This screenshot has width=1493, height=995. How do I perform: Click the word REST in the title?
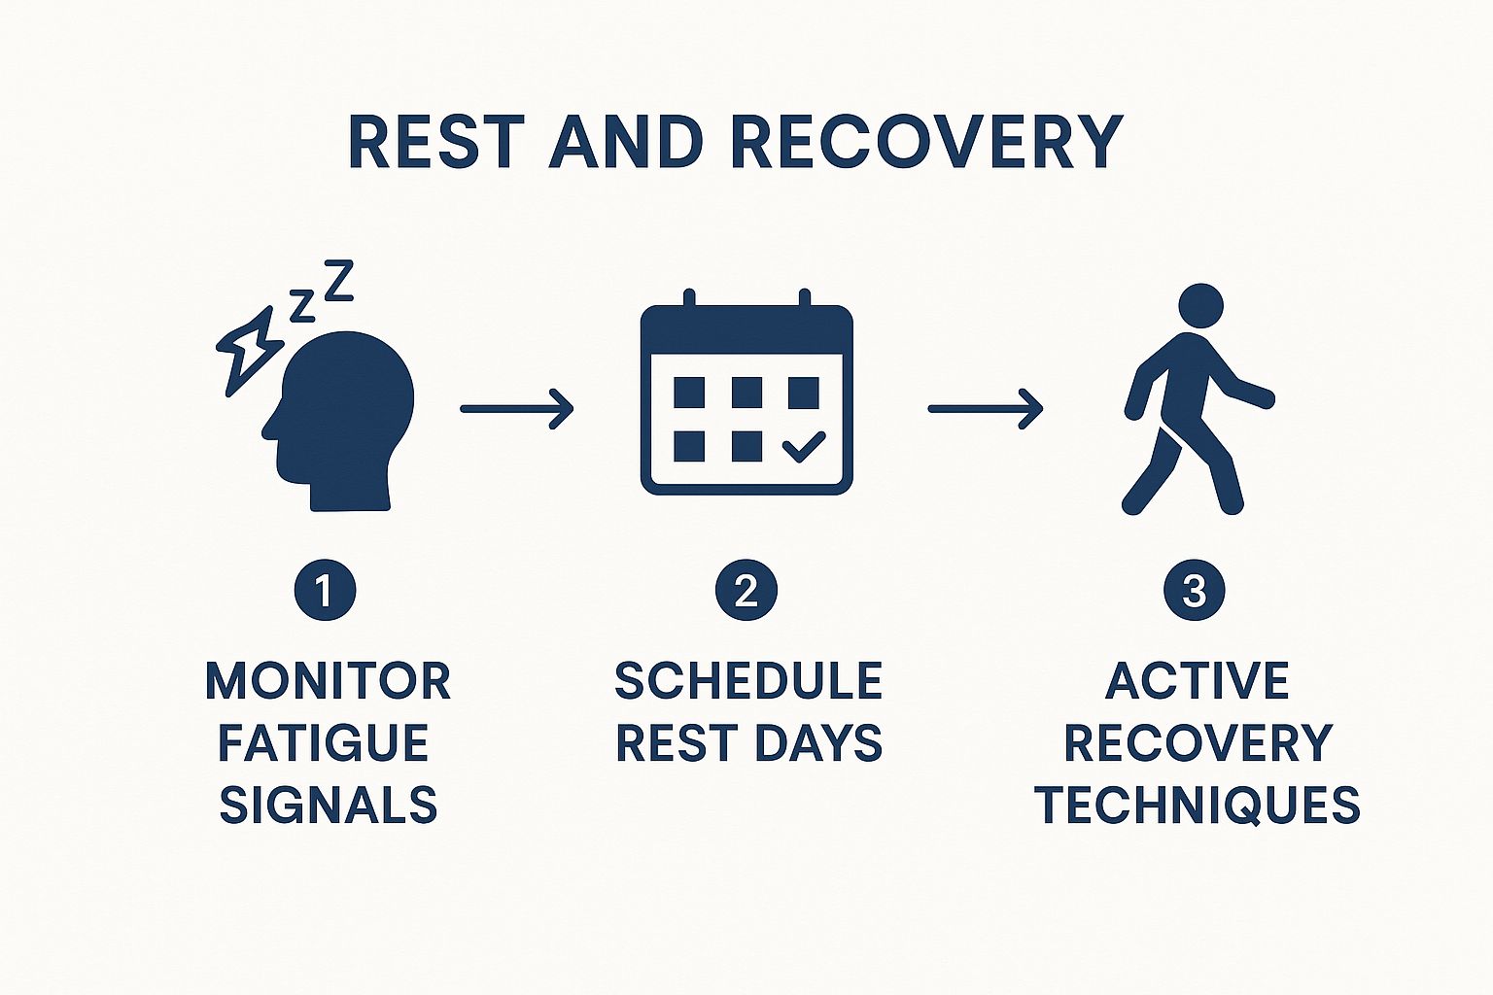coord(432,143)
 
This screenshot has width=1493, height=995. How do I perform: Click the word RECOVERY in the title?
coord(926,143)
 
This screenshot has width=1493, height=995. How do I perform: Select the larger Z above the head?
coord(338,280)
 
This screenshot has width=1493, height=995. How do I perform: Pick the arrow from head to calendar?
coord(516,408)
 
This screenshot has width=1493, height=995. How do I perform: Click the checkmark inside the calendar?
coord(803,447)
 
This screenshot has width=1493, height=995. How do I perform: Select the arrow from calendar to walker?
coord(985,408)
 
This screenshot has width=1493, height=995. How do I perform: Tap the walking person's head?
coord(1200,304)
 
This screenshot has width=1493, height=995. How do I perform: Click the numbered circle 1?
coord(325,590)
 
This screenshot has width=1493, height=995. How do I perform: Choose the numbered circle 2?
coord(746,590)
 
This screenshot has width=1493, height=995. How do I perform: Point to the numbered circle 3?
coord(1195,590)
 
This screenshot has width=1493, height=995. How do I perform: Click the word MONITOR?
coord(328,681)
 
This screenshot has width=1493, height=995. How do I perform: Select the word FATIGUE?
coord(323,743)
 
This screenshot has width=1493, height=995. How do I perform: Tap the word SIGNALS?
coord(329,806)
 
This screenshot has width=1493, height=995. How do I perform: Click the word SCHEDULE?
coord(748,681)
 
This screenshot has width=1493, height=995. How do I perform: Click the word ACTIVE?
coord(1197,681)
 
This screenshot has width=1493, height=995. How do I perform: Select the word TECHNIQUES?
coord(1197,806)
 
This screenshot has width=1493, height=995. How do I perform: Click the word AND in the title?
coord(625,143)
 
